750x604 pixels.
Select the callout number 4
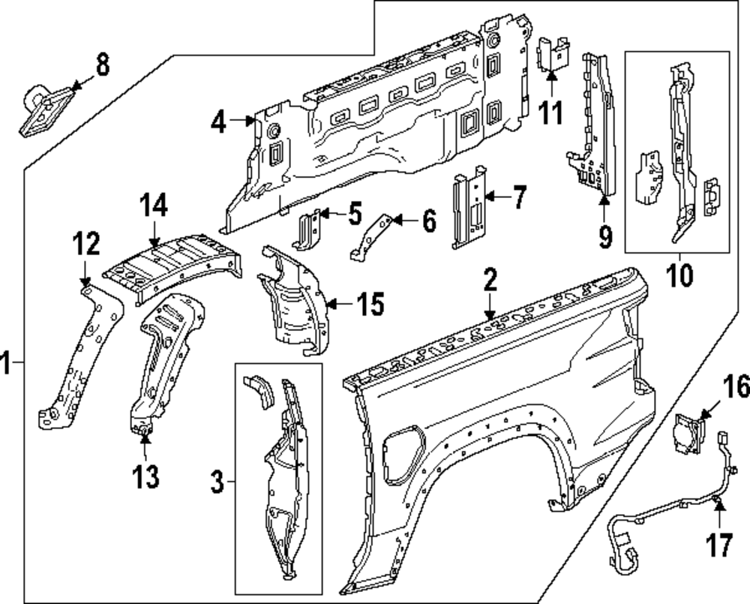pos(218,122)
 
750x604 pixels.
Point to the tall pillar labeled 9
pos(592,128)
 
